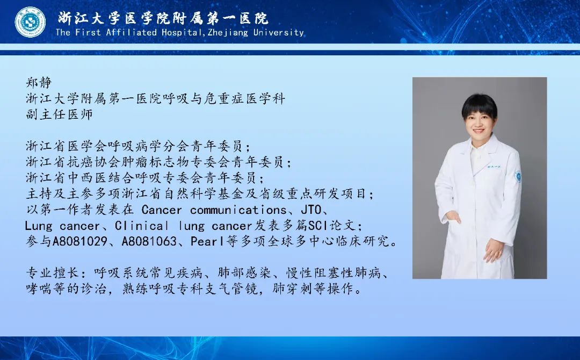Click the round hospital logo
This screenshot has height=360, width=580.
[30, 22]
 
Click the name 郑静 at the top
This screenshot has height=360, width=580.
[39, 83]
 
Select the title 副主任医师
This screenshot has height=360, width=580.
[59, 114]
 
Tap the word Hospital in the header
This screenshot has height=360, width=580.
[182, 33]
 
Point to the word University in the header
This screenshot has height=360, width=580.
[279, 33]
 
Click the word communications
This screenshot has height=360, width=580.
[238, 210]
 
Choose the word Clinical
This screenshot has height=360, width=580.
[142, 226]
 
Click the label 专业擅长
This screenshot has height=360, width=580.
[53, 273]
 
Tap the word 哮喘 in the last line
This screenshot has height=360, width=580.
[39, 289]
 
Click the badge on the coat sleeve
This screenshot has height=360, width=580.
[518, 176]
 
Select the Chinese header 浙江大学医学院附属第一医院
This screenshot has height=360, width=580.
[163, 18]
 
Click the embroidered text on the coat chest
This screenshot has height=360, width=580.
[494, 167]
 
